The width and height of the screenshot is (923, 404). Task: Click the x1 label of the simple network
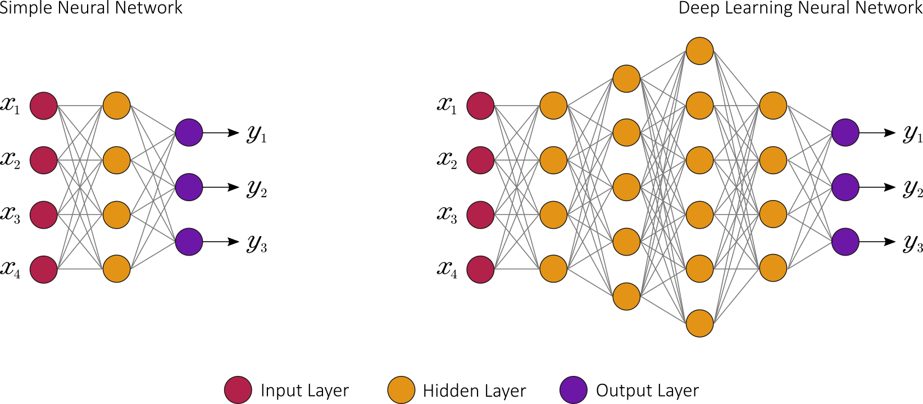[x=10, y=105]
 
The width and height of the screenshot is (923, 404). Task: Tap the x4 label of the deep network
[x=447, y=269]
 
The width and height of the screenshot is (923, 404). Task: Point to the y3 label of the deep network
[x=913, y=244]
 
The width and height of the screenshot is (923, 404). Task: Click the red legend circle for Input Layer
[x=238, y=390]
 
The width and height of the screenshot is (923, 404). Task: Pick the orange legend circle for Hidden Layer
[x=401, y=390]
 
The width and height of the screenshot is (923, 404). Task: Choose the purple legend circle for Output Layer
[x=573, y=390]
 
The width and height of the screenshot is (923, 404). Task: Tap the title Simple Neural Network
[x=90, y=8]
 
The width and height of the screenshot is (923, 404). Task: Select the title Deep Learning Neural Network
[x=800, y=8]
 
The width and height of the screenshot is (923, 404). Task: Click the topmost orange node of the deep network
[x=699, y=51]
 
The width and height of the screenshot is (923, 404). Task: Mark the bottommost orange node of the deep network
[x=699, y=323]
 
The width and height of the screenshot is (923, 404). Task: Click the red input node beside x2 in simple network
[x=44, y=160]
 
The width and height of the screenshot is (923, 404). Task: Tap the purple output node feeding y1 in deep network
[x=845, y=133]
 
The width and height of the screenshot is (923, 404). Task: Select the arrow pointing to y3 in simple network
[x=221, y=242]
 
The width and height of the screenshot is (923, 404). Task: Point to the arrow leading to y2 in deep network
[x=877, y=187]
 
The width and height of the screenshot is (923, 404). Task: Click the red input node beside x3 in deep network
[x=480, y=215]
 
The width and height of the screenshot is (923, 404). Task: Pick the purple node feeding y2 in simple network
[x=189, y=187]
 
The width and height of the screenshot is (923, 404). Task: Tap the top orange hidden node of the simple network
[x=117, y=106]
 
